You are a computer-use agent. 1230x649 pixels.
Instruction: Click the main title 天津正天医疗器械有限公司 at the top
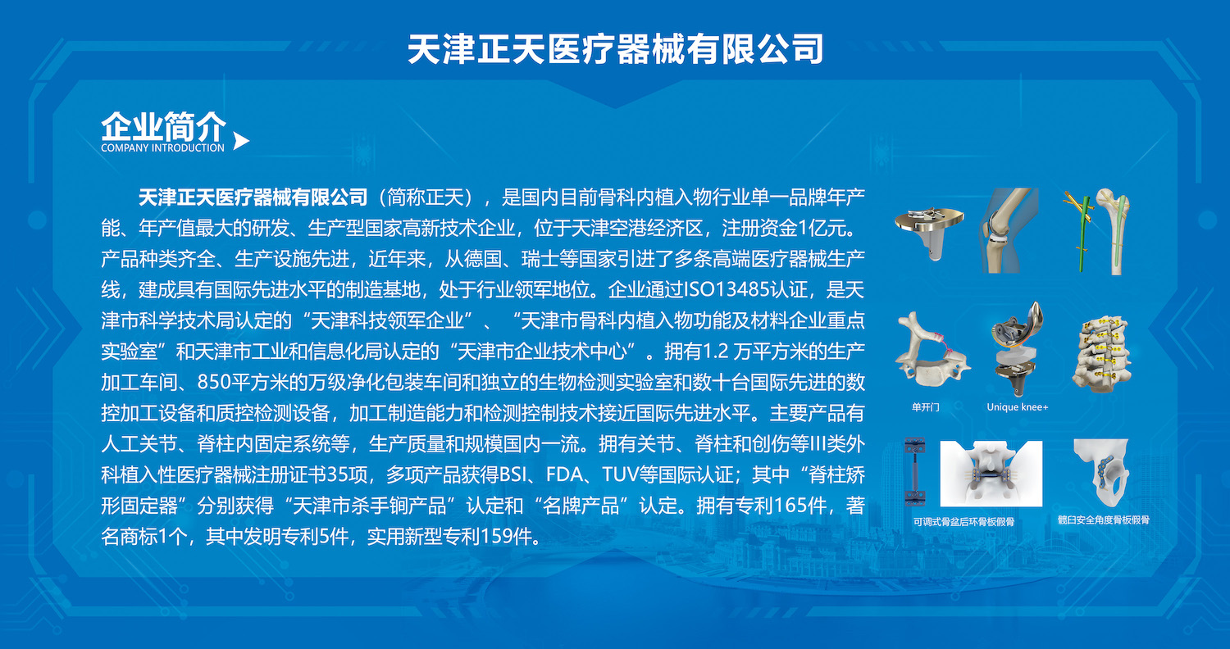tap(615, 49)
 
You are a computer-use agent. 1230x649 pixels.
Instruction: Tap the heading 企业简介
tap(164, 126)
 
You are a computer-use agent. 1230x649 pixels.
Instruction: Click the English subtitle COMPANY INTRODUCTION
tap(162, 148)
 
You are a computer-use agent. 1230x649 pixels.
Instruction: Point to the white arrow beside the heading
tap(240, 141)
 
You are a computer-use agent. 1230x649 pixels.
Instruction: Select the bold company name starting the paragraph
tap(253, 197)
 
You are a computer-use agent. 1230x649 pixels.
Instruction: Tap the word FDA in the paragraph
tap(564, 474)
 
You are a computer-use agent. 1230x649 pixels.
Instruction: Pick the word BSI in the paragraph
tap(512, 474)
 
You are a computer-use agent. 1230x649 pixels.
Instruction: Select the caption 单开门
tap(925, 407)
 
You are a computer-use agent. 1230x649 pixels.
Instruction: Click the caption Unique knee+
tap(1018, 407)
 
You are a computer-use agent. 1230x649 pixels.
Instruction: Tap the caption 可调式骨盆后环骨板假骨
tap(963, 522)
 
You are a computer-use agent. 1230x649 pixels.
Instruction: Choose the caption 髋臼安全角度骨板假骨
tap(1104, 520)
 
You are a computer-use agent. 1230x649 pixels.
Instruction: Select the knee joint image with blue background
tap(1009, 230)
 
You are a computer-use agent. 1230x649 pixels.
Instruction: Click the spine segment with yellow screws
tap(1101, 354)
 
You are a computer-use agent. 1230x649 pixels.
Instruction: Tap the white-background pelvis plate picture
tap(991, 474)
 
